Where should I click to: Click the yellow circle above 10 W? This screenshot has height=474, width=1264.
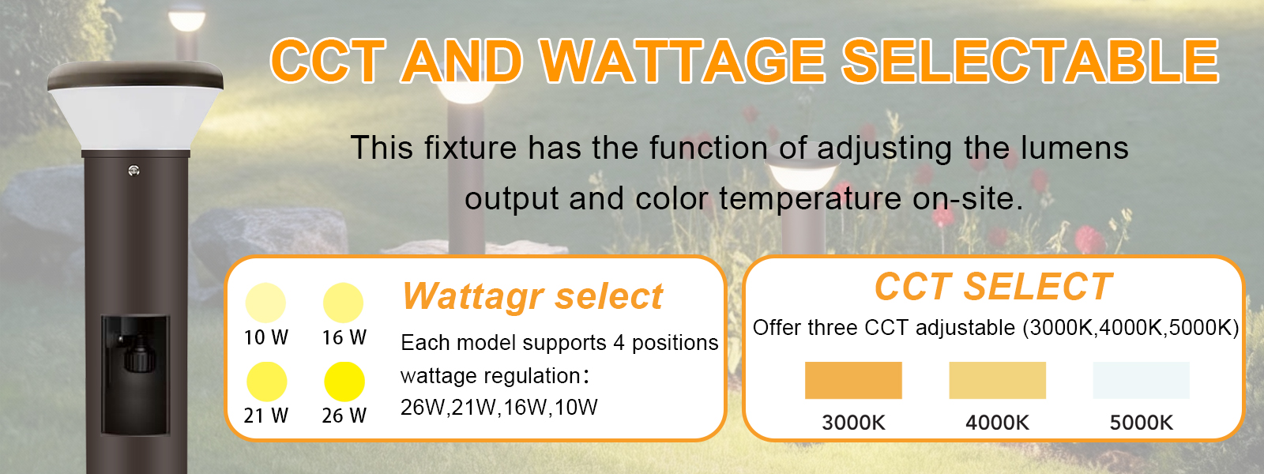(x=265, y=303)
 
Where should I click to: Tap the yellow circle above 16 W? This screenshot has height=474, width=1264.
(x=343, y=303)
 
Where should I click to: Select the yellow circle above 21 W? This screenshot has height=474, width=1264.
(x=266, y=382)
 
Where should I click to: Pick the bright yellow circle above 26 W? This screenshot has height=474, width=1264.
(x=344, y=382)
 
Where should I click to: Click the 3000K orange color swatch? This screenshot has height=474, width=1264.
(x=853, y=380)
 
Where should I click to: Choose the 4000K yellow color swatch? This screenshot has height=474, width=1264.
(x=997, y=380)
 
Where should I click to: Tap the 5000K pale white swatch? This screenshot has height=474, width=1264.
(x=1141, y=380)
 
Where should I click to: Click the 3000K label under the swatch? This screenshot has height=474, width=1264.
(x=853, y=423)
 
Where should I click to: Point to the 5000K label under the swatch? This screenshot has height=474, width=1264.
(x=1141, y=423)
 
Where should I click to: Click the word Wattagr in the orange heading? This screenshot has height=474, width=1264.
(x=473, y=297)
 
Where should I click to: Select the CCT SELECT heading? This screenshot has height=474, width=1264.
(x=993, y=287)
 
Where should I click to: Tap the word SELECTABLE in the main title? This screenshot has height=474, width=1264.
(x=1030, y=62)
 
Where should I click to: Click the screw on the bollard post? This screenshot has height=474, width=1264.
(x=134, y=169)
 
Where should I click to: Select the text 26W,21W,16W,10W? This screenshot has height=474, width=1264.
(x=498, y=408)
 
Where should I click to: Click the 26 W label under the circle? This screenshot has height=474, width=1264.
(x=344, y=416)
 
